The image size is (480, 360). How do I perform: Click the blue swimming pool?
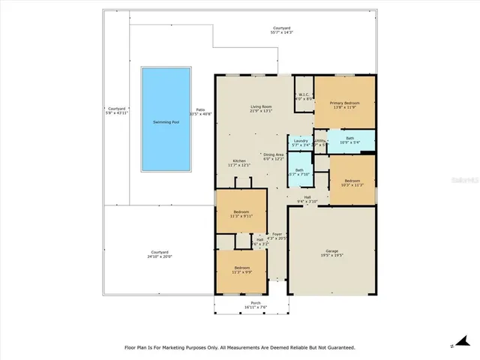(x=166, y=121)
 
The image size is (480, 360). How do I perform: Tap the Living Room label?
(x=260, y=107)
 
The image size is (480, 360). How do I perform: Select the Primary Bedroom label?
(x=345, y=103)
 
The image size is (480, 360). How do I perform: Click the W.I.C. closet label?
(x=304, y=95)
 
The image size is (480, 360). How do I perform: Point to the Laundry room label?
(x=300, y=140)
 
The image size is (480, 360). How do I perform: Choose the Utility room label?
(x=320, y=140)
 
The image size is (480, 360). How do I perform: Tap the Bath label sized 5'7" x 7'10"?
(x=299, y=170)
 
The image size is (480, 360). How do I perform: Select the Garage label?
(x=332, y=250)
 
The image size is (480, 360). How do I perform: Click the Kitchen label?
(x=239, y=161)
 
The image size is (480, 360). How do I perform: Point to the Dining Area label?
(x=274, y=154)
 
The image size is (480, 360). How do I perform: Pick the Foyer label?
(x=277, y=234)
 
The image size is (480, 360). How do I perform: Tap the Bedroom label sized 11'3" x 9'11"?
(x=241, y=212)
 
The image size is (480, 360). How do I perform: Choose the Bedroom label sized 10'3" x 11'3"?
(x=352, y=181)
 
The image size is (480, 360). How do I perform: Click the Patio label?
(x=200, y=110)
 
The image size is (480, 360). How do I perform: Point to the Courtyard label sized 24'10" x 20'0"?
(x=159, y=252)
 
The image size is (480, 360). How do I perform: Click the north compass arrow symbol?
(x=453, y=346)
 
